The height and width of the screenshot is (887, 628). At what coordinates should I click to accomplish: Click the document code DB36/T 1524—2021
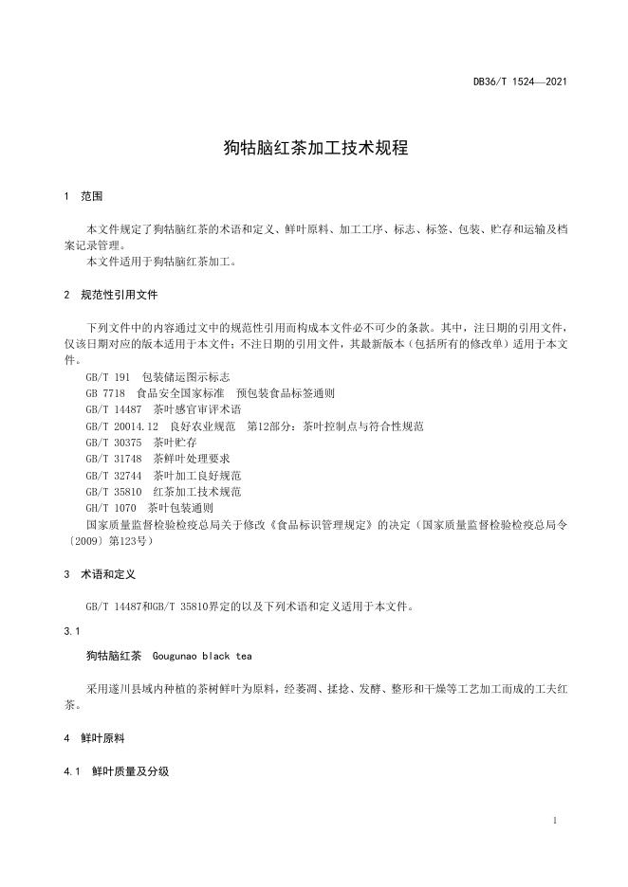(x=520, y=82)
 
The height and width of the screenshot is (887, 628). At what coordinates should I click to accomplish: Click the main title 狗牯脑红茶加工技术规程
(x=314, y=148)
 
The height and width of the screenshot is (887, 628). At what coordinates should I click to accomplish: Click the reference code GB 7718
(x=105, y=392)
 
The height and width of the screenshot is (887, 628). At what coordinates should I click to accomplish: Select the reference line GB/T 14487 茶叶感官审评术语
(x=163, y=409)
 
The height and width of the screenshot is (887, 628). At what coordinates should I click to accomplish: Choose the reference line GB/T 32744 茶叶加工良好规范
(x=163, y=475)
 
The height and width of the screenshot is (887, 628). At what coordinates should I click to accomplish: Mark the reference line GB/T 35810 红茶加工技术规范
(x=163, y=492)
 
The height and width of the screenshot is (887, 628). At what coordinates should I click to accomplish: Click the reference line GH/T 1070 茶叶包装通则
(x=149, y=508)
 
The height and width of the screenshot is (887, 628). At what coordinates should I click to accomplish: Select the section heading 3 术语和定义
(x=100, y=574)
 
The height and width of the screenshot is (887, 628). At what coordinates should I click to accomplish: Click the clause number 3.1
(x=71, y=630)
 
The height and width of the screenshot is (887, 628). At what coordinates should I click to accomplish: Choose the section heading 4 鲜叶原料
(x=94, y=737)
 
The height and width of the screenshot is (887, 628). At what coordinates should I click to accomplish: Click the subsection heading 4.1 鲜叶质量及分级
(x=116, y=772)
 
